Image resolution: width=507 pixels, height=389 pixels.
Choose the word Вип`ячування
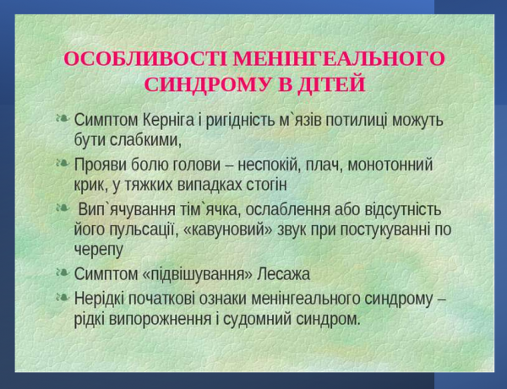click(x=126, y=209)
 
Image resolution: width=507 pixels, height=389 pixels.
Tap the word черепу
click(x=99, y=250)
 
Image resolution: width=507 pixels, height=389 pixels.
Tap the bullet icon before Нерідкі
click(x=63, y=297)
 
